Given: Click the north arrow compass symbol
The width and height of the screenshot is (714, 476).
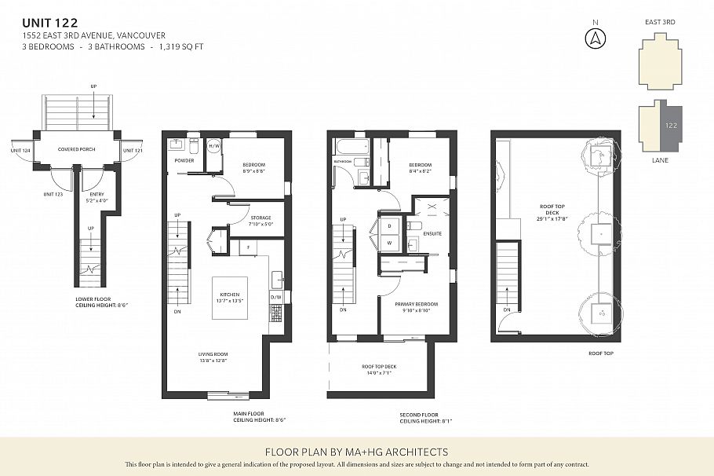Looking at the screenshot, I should [x=596, y=37].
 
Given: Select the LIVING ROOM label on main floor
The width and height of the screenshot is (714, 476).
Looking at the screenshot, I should [x=212, y=354].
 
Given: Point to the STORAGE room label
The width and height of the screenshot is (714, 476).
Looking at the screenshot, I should [x=261, y=218].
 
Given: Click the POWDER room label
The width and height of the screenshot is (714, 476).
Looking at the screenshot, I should [x=184, y=161].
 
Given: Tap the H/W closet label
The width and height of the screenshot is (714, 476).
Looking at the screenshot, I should [x=213, y=146].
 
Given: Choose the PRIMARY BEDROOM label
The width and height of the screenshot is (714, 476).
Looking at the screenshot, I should [x=417, y=304].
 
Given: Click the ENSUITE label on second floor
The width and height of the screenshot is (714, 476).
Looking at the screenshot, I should [x=432, y=233].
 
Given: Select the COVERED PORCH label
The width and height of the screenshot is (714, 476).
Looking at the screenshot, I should [x=76, y=148].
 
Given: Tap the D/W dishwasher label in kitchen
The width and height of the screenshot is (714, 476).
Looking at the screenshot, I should [x=275, y=297].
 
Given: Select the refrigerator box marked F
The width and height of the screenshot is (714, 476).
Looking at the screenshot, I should [x=249, y=247].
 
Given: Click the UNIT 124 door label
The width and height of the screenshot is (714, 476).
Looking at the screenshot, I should [x=20, y=150].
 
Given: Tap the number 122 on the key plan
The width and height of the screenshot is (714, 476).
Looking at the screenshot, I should [x=672, y=126].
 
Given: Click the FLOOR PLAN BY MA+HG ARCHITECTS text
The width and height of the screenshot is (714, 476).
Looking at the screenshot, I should [x=356, y=452].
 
